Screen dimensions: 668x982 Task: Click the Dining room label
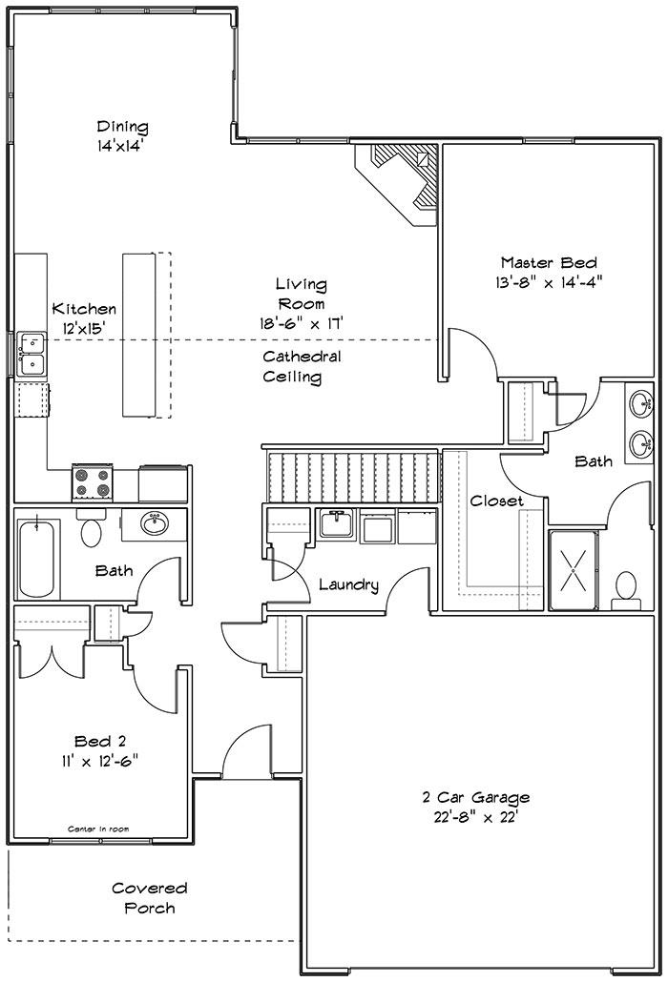[123, 127]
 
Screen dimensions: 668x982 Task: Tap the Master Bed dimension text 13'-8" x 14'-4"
[549, 282]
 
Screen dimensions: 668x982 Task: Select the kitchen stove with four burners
[93, 482]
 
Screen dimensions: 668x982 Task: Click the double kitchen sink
[31, 354]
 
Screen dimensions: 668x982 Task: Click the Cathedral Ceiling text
[302, 366]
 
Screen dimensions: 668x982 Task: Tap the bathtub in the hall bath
[37, 557]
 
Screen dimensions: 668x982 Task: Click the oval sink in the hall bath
[154, 523]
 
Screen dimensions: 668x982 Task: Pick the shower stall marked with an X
[574, 570]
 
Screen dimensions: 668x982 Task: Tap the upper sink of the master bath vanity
[640, 403]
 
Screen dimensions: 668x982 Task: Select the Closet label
[496, 501]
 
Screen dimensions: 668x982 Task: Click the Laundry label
[348, 585]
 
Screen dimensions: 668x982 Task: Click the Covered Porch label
[150, 897]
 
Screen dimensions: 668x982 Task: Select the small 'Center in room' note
[98, 829]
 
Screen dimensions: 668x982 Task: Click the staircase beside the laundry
[351, 475]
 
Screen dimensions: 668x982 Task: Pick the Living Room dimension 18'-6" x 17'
[302, 323]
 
